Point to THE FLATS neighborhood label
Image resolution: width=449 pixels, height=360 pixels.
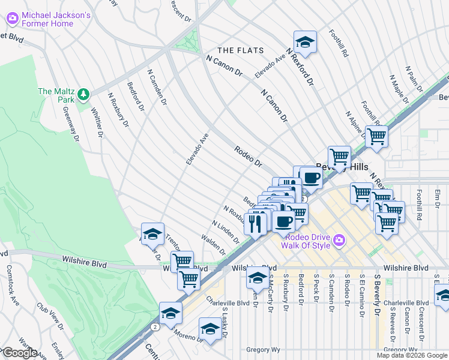click(238, 50)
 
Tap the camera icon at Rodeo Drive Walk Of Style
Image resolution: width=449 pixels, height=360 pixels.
click(340, 241)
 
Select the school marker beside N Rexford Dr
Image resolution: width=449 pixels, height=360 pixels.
click(305, 42)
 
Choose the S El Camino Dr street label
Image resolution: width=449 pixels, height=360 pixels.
click(362, 292)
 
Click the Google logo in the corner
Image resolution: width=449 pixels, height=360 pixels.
click(19, 353)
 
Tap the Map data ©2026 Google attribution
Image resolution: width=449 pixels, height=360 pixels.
click(412, 355)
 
